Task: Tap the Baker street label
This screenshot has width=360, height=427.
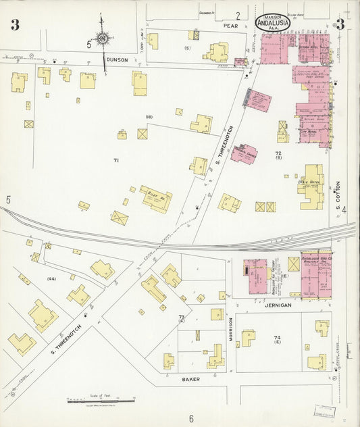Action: click(x=191, y=380)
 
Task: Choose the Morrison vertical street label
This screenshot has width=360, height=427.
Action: click(x=230, y=329)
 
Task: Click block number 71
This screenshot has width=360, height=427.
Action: click(x=115, y=160)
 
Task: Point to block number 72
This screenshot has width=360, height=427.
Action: click(x=278, y=154)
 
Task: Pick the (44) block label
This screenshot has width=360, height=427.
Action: click(x=51, y=278)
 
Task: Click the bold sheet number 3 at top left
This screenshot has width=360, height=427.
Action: click(x=15, y=26)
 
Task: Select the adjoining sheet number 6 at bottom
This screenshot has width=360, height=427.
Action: click(x=191, y=418)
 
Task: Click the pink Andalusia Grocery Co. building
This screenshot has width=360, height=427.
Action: click(x=315, y=275)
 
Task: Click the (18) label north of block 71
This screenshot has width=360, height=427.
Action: click(x=149, y=117)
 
